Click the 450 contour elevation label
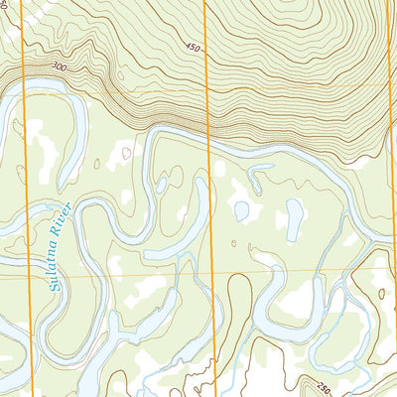point(192,47)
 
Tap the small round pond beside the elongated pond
point(240,210)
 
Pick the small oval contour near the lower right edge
point(381,294)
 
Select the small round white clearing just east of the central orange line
point(220,169)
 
